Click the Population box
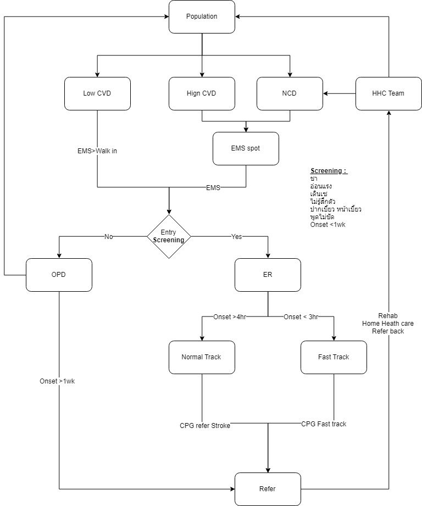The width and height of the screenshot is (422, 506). coord(202,16)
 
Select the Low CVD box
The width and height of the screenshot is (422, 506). coord(97,93)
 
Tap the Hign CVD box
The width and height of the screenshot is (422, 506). coord(202,93)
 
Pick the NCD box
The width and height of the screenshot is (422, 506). coord(290,93)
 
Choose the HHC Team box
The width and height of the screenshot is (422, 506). coord(388,93)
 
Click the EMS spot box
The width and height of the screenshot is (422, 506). coord(246,148)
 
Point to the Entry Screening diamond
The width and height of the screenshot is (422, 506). coord(169,237)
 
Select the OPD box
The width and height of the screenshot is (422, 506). coord(59,275)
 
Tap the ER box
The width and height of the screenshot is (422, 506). coord(268,275)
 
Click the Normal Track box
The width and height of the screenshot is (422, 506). coord(202,357)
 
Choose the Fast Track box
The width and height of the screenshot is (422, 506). coord(334,357)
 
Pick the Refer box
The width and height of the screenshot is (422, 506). coord(268,489)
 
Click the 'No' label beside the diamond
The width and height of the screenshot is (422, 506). coord(109,236)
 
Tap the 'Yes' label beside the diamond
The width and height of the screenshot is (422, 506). coord(236,236)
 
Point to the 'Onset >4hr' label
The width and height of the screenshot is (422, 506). coord(230,316)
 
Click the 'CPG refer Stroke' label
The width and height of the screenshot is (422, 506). coord(205,425)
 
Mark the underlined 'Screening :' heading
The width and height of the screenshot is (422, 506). coord(329,171)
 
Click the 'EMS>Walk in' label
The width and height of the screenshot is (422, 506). coord(97,151)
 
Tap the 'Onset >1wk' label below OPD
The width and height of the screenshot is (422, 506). coord(57,381)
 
